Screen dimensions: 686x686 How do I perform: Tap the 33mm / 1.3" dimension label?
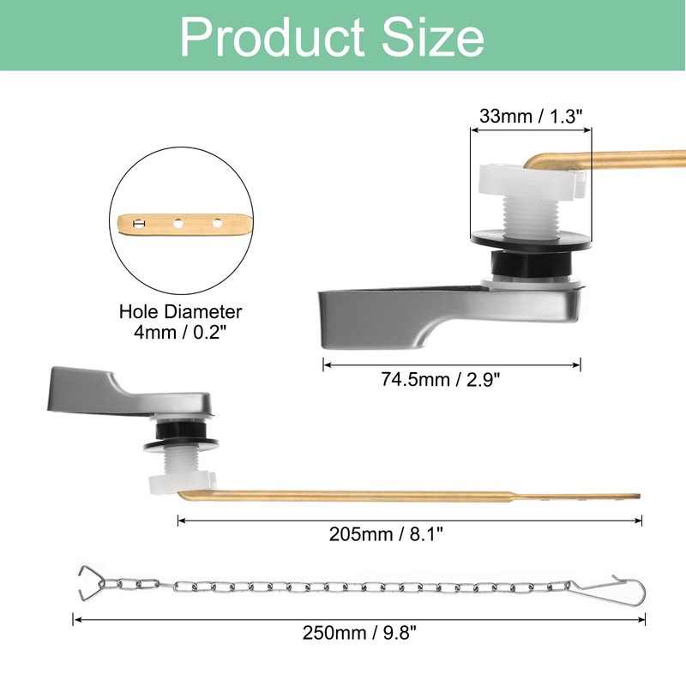coord(531,116)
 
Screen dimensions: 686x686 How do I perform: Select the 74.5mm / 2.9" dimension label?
coord(452,380)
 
